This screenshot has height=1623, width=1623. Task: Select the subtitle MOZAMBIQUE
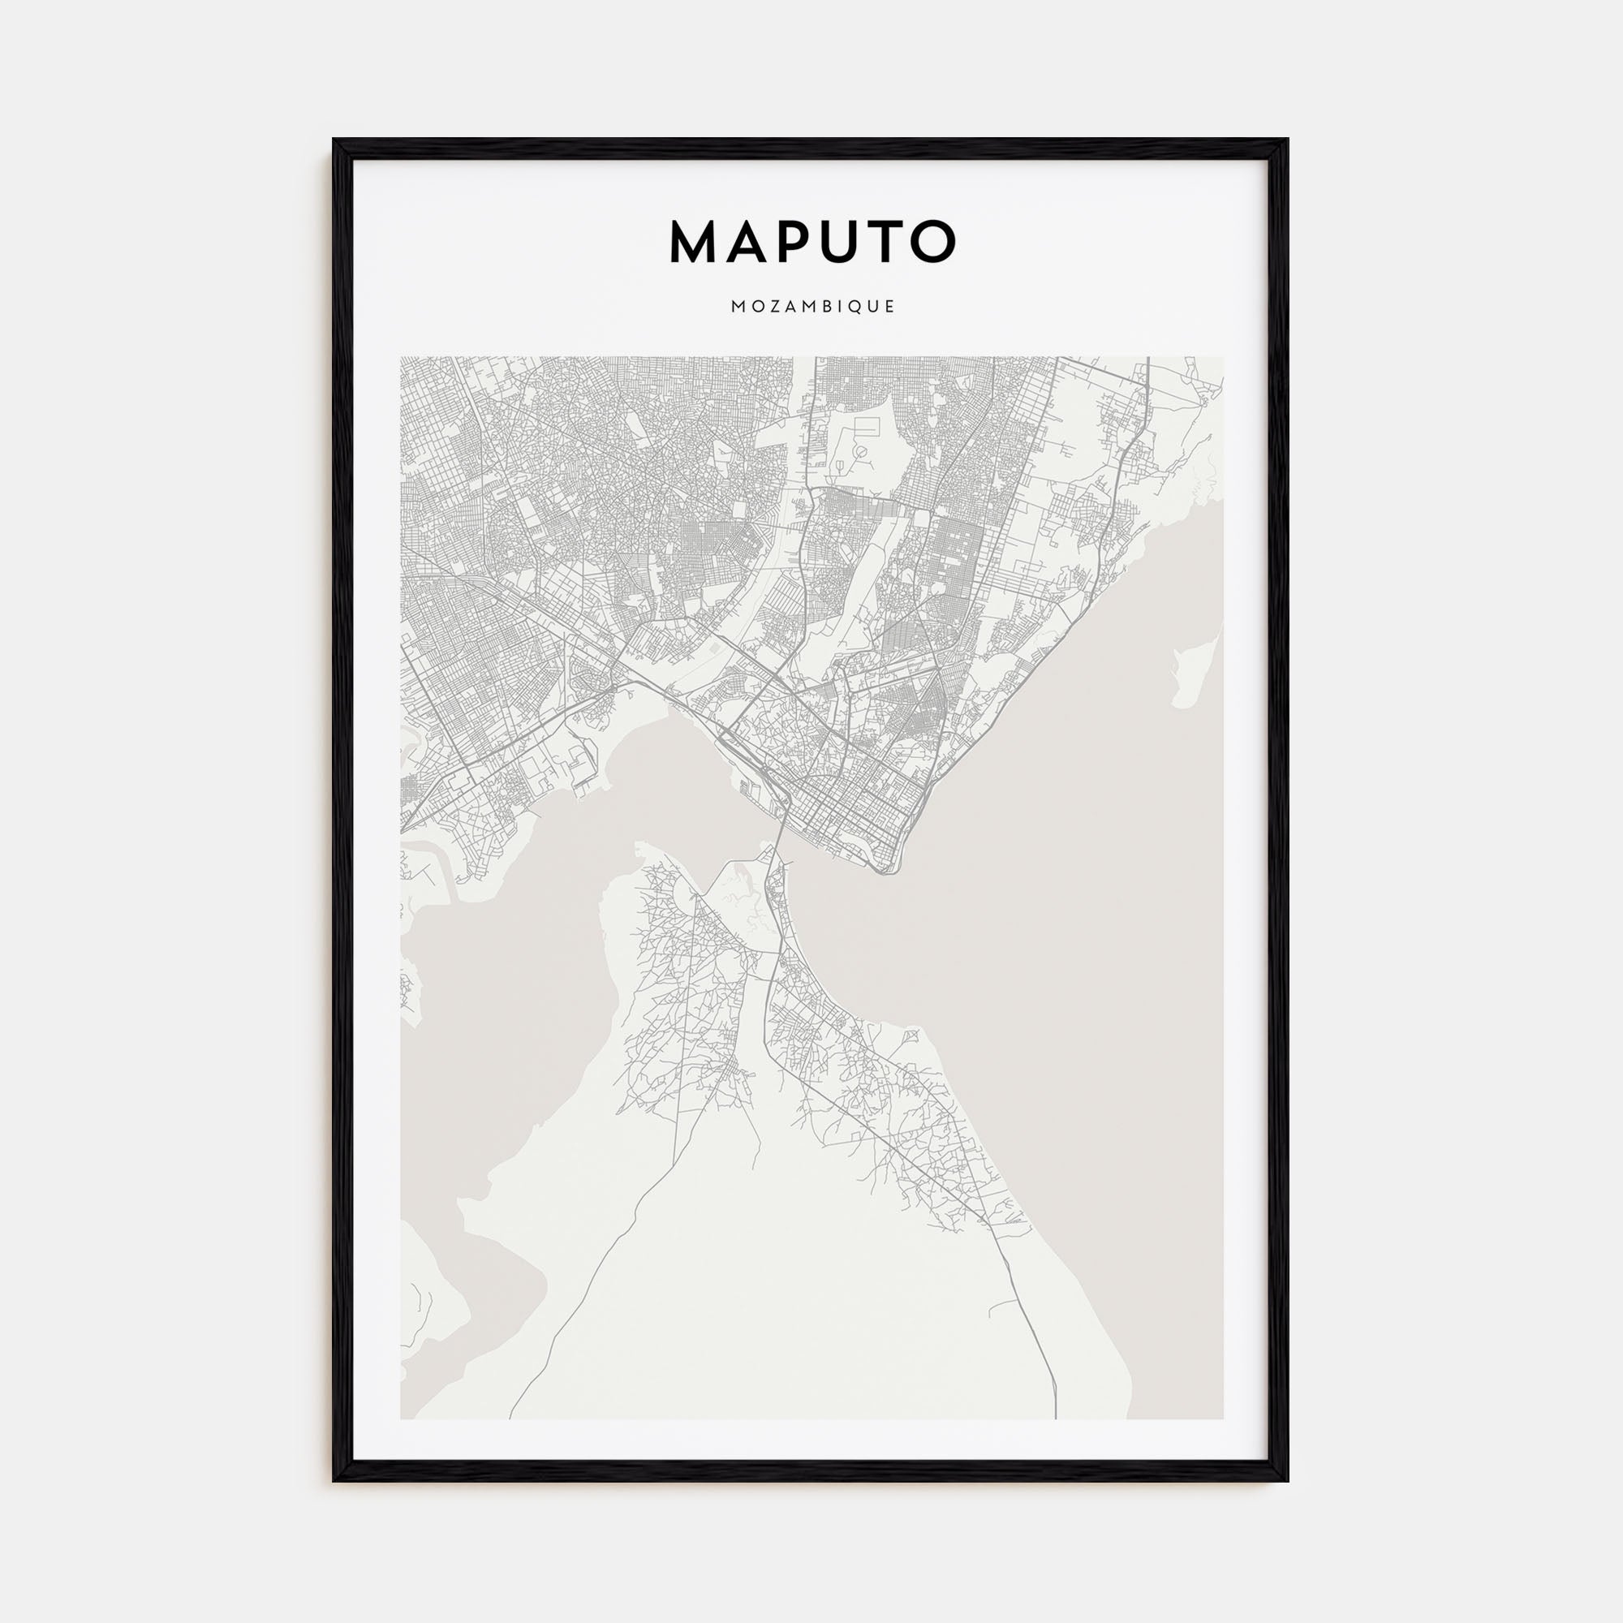pyautogui.click(x=812, y=308)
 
